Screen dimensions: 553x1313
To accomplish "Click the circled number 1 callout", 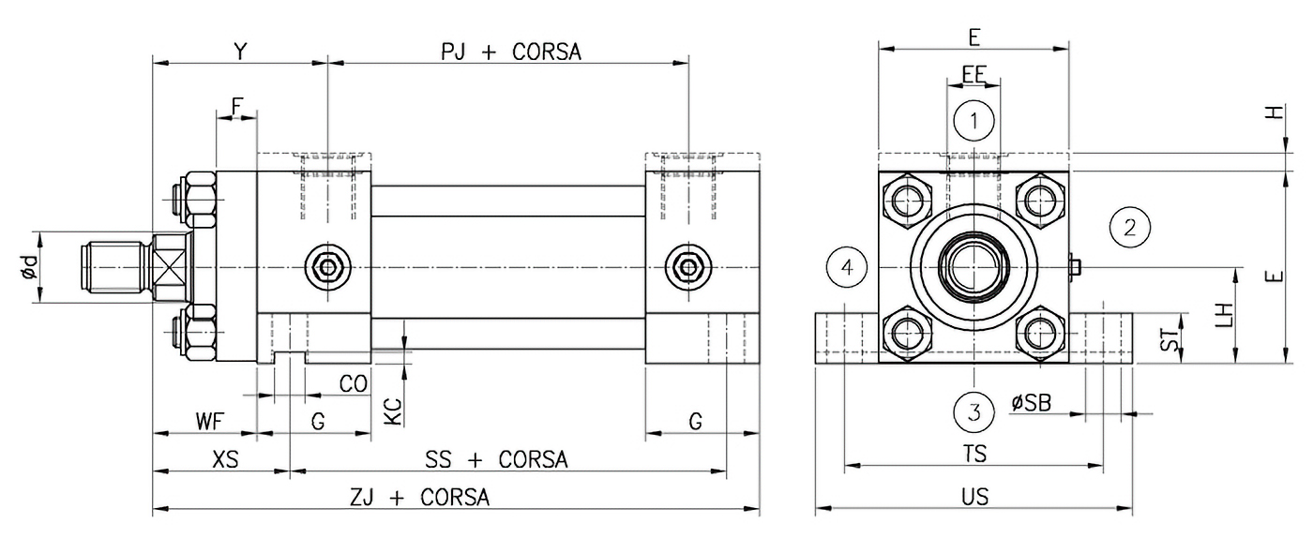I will tap(974, 120).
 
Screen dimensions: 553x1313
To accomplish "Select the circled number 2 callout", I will tap(1129, 226).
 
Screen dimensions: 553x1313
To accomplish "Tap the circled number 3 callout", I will tap(974, 411).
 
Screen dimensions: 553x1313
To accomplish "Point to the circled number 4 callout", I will tap(847, 267).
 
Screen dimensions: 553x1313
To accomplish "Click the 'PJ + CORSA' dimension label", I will tap(511, 52).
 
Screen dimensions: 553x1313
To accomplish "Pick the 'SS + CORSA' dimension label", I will tap(496, 459).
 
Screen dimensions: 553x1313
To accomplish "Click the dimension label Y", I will tap(240, 52).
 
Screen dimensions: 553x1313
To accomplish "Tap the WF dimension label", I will tap(211, 422).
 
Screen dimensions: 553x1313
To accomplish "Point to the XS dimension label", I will tap(225, 459).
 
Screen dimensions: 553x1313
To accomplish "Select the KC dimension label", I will tap(393, 409).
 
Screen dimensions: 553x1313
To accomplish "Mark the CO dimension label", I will tap(352, 383).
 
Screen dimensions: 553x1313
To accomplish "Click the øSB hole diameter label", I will tap(1032, 402).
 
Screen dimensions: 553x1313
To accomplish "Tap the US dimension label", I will tap(974, 497).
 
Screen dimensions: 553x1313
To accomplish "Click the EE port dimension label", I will tap(974, 73).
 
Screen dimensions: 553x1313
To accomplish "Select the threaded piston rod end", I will tap(113, 267).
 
